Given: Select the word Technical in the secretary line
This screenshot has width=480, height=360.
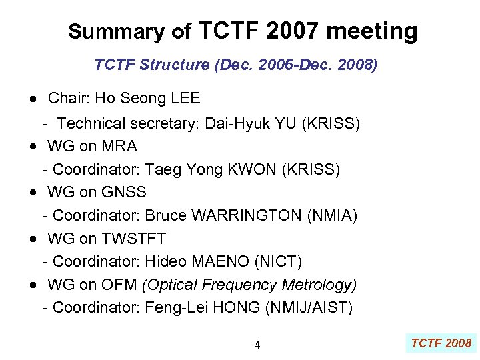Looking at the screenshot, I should pyautogui.click(x=91, y=123).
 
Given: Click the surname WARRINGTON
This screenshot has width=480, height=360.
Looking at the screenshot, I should pyautogui.click(x=247, y=215).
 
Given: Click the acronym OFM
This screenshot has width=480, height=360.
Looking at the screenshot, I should pyautogui.click(x=119, y=285).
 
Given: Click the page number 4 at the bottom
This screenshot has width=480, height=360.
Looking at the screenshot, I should pyautogui.click(x=257, y=345).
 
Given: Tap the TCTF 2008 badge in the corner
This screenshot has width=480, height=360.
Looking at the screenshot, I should pyautogui.click(x=441, y=343).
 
